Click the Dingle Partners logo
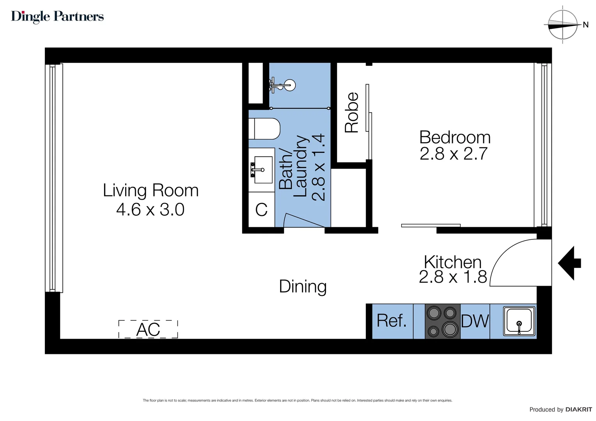tap(57, 16)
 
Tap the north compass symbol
tap(562, 25)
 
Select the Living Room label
tap(151, 191)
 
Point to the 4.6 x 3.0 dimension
tap(150, 210)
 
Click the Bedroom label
tap(455, 138)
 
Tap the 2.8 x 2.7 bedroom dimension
tap(454, 154)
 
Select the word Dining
tap(303, 287)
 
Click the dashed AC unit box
tap(148, 329)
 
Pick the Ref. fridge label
tap(392, 321)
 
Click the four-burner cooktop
tap(442, 321)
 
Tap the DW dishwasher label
tap(475, 321)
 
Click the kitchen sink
tap(519, 321)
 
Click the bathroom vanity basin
tap(263, 170)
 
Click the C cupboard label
tap(261, 210)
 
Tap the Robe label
tap(352, 113)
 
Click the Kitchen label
tap(452, 262)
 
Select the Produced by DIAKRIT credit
tap(560, 409)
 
